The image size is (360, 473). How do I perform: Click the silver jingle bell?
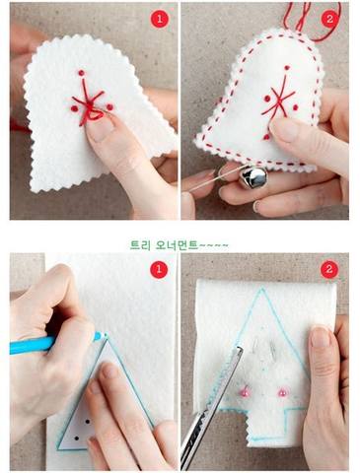pyautogui.click(x=252, y=177)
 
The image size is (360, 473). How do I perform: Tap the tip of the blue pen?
pyautogui.click(x=106, y=335)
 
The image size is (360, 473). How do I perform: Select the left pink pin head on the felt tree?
pyautogui.click(x=245, y=391)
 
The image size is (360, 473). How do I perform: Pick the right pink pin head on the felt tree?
pyautogui.click(x=281, y=391)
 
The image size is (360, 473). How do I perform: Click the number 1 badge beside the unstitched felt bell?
pyautogui.click(x=160, y=19)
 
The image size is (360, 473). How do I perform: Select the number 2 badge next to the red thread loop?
pyautogui.click(x=329, y=19)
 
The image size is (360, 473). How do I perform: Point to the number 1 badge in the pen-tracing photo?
pyautogui.click(x=159, y=269)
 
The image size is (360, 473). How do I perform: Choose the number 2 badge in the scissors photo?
pyautogui.click(x=329, y=269)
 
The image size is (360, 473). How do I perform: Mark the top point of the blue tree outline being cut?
pyautogui.click(x=262, y=288)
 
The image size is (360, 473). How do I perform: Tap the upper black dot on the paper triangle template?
pyautogui.click(x=88, y=422)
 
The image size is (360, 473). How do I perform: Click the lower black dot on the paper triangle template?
pyautogui.click(x=76, y=439)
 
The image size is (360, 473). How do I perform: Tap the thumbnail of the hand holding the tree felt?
pyautogui.click(x=320, y=337)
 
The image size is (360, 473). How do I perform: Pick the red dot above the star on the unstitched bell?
pyautogui.click(x=81, y=73)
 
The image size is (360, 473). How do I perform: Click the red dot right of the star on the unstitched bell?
pyautogui.click(x=109, y=106)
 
